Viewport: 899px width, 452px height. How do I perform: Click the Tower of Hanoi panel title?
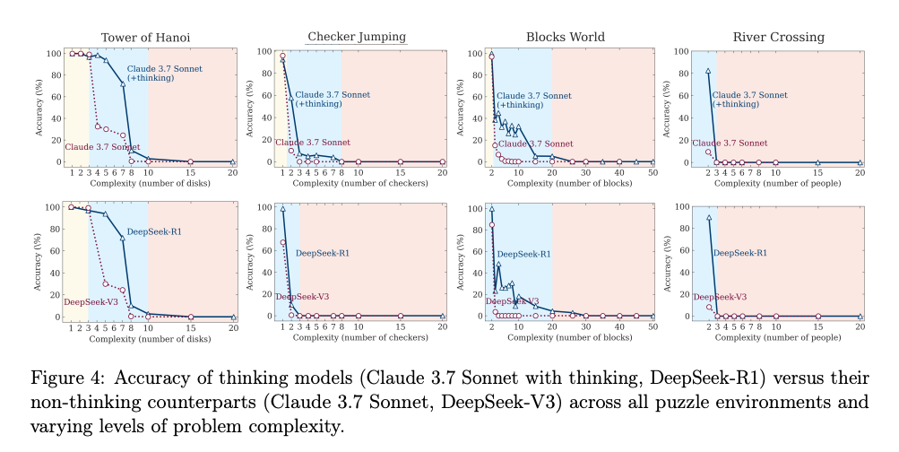145,38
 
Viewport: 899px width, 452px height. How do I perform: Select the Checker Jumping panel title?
358,37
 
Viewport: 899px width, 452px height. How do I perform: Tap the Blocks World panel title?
566,38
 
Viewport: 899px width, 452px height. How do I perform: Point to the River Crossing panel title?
779,38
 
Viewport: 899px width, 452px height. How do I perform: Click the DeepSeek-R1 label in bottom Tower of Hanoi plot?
154,231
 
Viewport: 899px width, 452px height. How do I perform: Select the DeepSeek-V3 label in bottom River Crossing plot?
720,297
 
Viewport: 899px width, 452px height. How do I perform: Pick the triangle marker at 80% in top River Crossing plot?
708,71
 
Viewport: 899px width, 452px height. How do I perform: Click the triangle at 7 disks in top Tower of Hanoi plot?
123,84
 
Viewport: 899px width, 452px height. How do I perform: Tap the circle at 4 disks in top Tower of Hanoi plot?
98,126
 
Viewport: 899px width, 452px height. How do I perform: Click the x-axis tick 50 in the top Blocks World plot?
653,173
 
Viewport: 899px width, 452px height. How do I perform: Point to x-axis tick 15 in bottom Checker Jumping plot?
400,327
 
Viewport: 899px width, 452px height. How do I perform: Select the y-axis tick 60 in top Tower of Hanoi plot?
55,97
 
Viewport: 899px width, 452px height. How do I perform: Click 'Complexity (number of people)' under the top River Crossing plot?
777,184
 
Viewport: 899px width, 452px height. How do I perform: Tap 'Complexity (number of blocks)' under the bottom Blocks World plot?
569,337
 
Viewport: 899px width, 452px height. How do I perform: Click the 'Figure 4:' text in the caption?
67,378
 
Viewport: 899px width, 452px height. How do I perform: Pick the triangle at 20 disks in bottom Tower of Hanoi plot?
233,317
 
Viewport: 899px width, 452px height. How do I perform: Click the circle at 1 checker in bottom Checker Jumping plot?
282,243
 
